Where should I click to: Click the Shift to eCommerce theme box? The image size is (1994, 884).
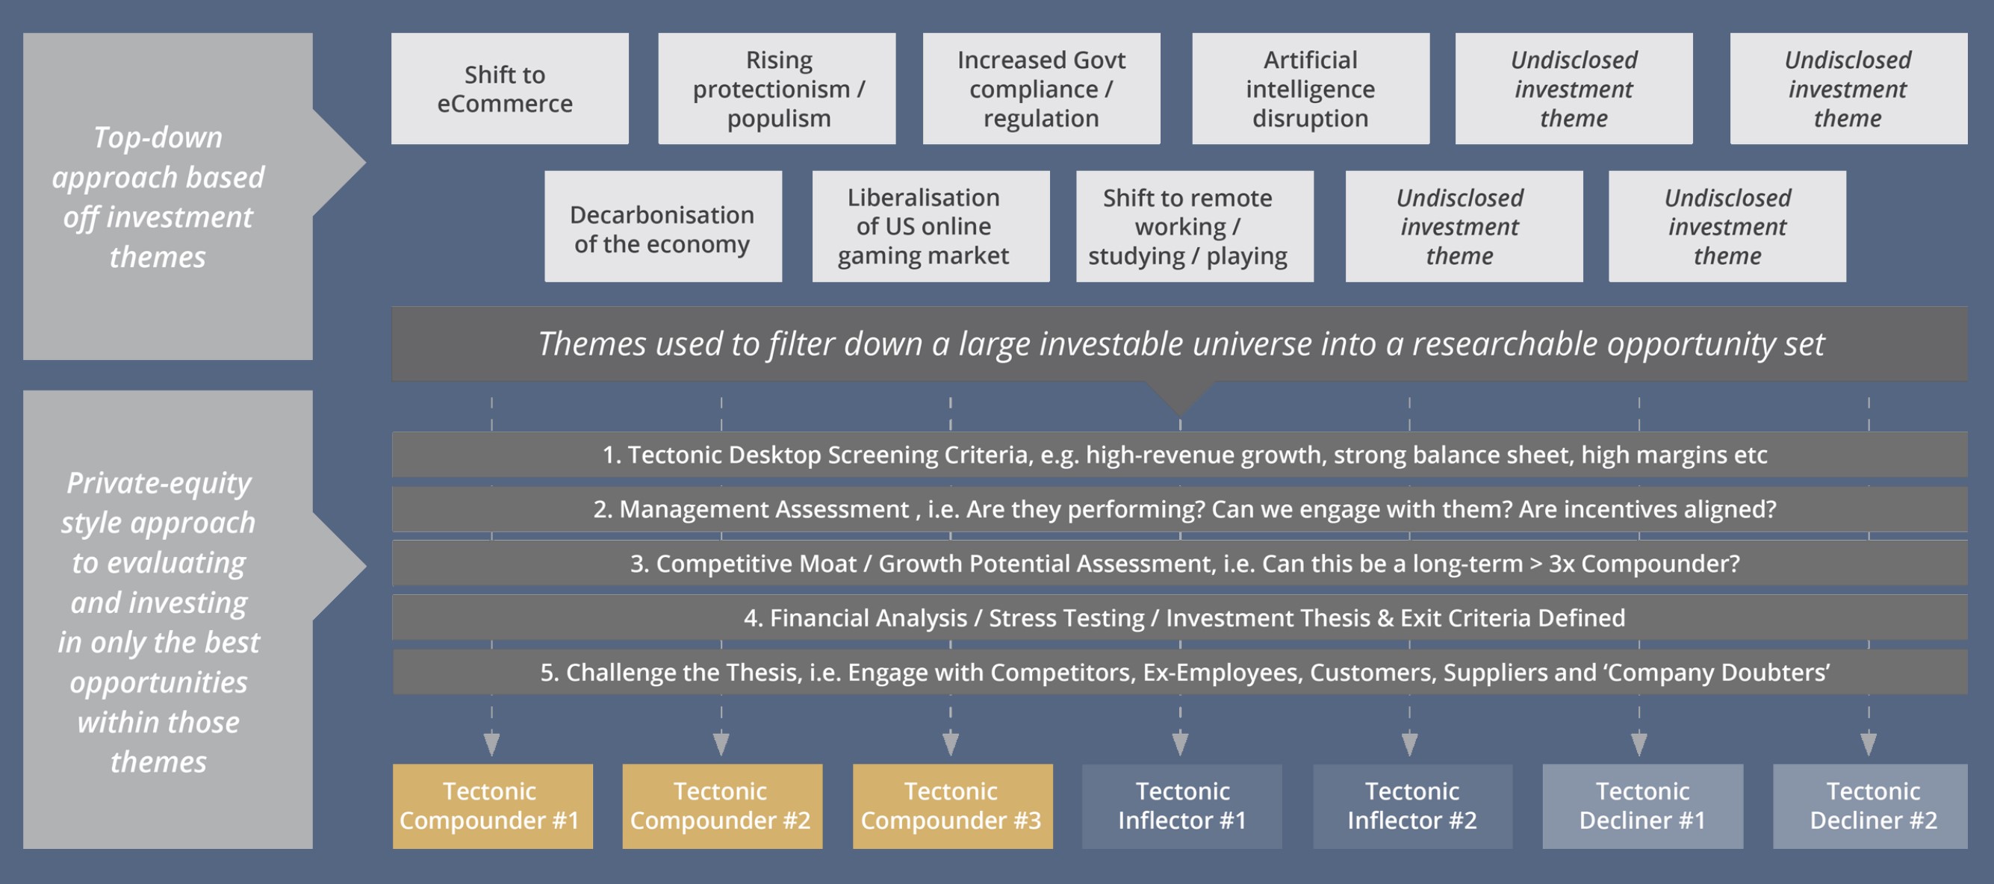(509, 88)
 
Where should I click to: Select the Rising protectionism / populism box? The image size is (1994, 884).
(777, 88)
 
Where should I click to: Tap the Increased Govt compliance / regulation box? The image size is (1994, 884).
(1041, 88)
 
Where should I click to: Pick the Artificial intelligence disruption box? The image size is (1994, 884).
(1311, 88)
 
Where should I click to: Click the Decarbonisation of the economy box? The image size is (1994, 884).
(662, 226)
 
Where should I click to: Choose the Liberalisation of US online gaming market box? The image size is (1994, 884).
(931, 226)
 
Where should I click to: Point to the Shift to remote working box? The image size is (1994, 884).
(1194, 226)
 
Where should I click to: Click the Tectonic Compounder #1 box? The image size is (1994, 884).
(492, 806)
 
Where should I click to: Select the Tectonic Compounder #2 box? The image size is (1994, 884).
(722, 806)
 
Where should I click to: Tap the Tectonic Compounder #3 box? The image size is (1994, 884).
(952, 806)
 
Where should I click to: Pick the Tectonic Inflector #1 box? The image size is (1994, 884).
(1181, 806)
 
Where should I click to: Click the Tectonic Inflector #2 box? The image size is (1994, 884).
(1412, 806)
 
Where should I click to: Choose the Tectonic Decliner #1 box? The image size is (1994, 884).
(1642, 806)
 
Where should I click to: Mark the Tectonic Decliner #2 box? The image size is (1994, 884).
(1870, 806)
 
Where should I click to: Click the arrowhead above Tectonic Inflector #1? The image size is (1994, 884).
(1181, 744)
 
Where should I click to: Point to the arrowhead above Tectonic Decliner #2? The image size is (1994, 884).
(1869, 744)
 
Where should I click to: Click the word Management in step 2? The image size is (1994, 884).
(763, 509)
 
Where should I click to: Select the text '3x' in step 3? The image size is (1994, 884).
(1562, 564)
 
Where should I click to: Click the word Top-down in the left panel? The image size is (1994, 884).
(158, 138)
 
